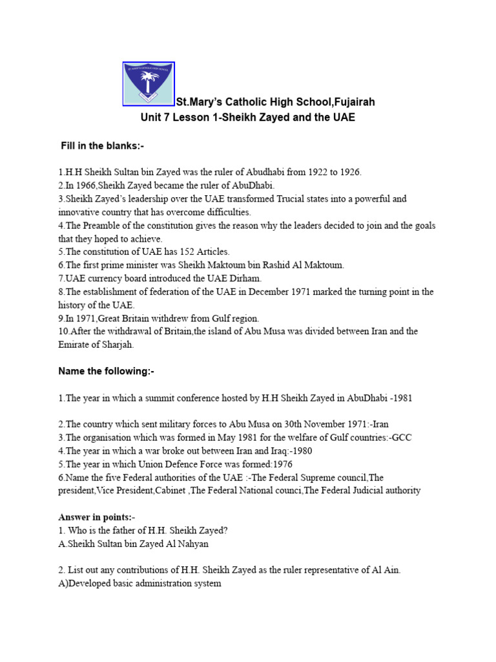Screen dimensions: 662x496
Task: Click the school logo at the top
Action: pos(149,84)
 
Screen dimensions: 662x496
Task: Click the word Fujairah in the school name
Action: pos(353,102)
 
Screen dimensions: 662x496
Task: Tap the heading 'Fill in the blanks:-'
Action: pos(102,146)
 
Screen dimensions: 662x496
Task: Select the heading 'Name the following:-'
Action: pos(106,371)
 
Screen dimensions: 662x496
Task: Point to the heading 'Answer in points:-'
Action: pos(97,517)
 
